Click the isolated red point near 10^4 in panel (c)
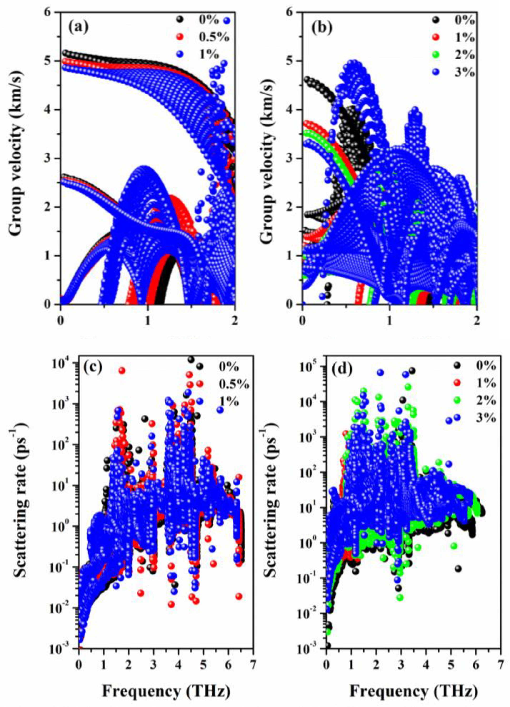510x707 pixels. click(122, 370)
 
